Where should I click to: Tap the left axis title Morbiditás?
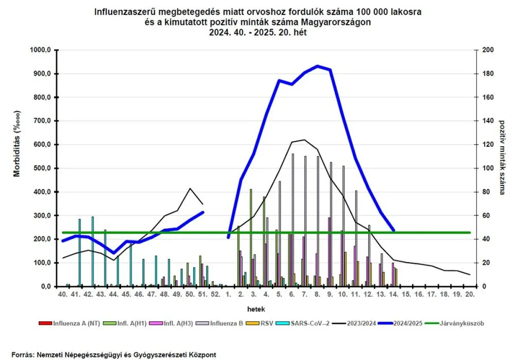[x=18, y=144]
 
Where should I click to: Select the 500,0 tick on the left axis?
[x=41, y=168]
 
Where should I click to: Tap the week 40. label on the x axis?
[x=62, y=294]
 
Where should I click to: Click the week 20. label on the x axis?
[x=469, y=294]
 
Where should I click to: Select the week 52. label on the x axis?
[x=215, y=294]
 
